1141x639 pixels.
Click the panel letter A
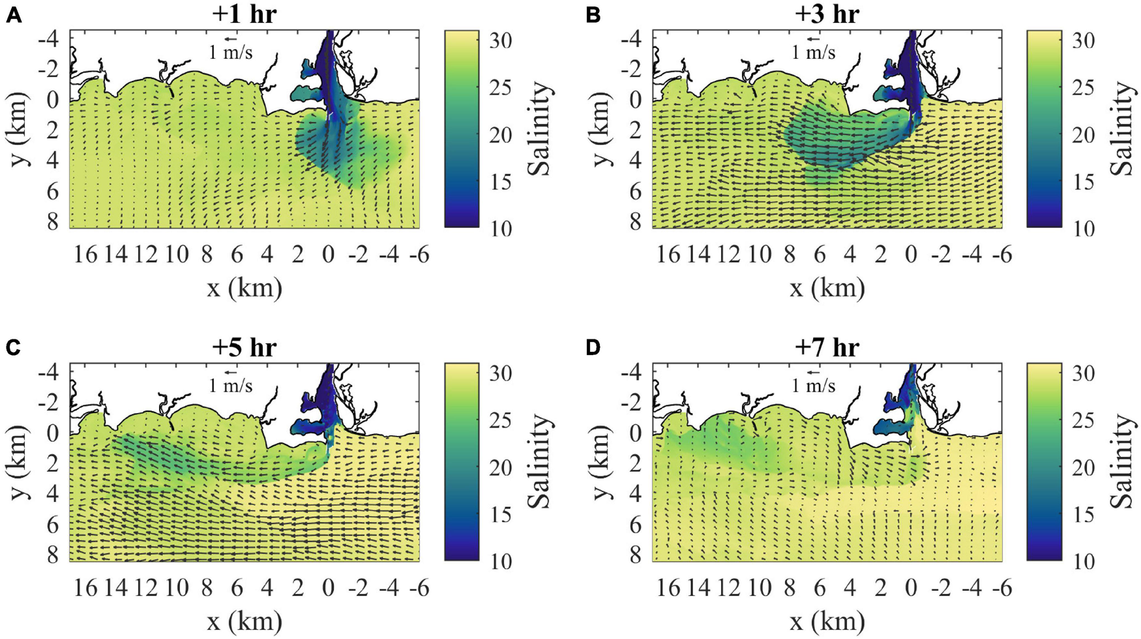point(13,15)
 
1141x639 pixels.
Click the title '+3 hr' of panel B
point(826,14)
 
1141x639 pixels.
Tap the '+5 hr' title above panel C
point(244,347)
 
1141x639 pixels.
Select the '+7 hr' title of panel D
point(826,347)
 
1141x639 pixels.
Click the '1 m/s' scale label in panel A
point(230,52)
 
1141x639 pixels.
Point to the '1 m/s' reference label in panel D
point(813,386)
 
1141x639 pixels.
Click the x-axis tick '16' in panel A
point(85,255)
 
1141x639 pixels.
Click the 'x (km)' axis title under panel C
point(244,621)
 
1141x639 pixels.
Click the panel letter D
point(593,348)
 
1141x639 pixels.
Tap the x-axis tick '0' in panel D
point(911,588)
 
